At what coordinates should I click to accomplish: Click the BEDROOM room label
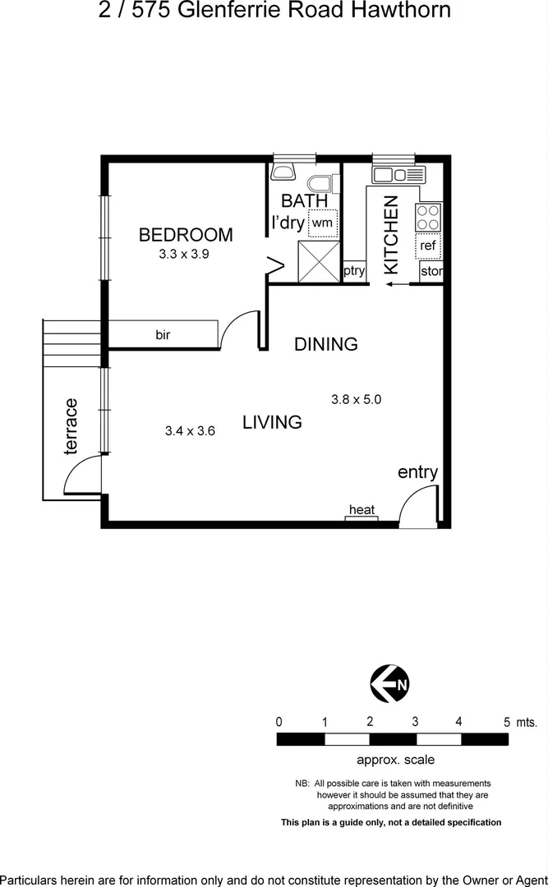tap(186, 235)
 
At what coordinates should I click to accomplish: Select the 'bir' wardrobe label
tap(163, 335)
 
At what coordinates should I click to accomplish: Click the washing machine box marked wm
tap(322, 223)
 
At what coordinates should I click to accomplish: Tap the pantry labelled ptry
tap(354, 271)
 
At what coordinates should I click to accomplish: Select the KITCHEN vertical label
tap(391, 234)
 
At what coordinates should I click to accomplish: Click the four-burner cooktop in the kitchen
tap(428, 218)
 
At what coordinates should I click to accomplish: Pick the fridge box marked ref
tap(428, 246)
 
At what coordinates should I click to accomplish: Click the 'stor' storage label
tap(431, 271)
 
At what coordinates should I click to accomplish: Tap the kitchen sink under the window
tap(399, 175)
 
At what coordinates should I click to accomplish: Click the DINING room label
tap(326, 344)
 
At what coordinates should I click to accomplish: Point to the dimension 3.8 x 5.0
tap(357, 400)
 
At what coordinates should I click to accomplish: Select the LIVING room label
tap(272, 422)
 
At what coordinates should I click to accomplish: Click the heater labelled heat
tap(361, 511)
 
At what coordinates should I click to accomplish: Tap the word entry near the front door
tap(417, 472)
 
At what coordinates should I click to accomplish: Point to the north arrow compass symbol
tap(389, 684)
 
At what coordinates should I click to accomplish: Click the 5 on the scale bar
tap(507, 722)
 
